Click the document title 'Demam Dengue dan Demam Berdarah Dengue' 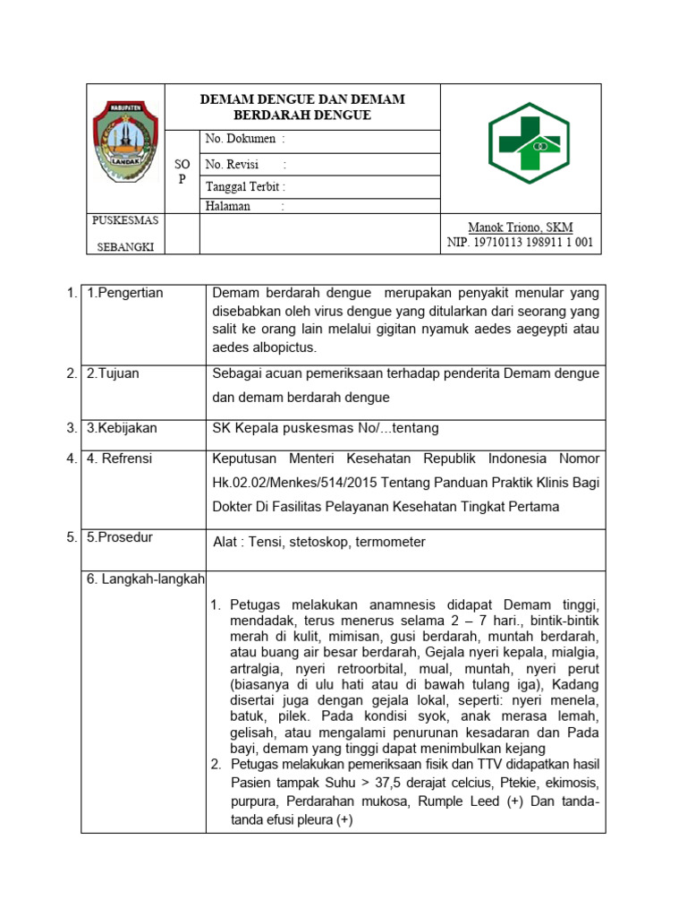(302, 107)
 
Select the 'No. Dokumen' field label (244, 139)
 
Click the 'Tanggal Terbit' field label (245, 187)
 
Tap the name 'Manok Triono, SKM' (522, 227)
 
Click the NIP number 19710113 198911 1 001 (520, 243)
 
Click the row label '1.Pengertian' (125, 293)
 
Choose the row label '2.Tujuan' (113, 373)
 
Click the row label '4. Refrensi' (120, 458)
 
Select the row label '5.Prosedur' (120, 537)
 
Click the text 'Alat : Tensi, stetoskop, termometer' (319, 542)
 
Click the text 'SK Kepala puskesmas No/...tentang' (326, 428)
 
